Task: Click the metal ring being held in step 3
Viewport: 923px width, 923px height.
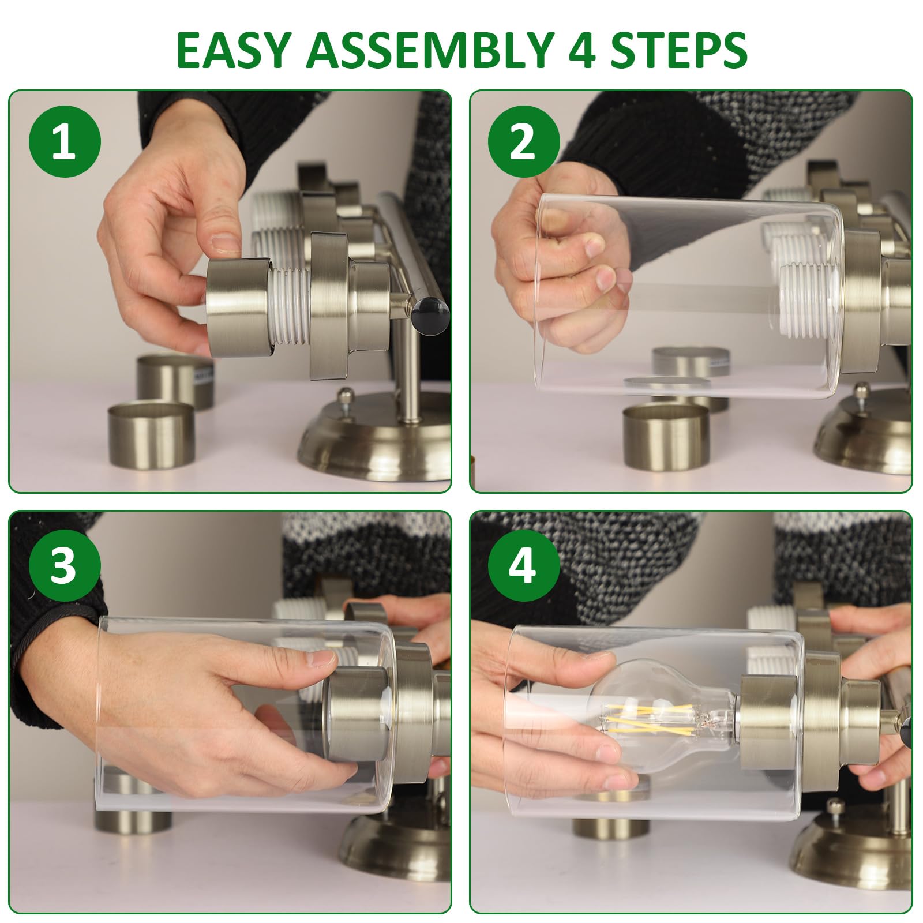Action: click(x=352, y=714)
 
